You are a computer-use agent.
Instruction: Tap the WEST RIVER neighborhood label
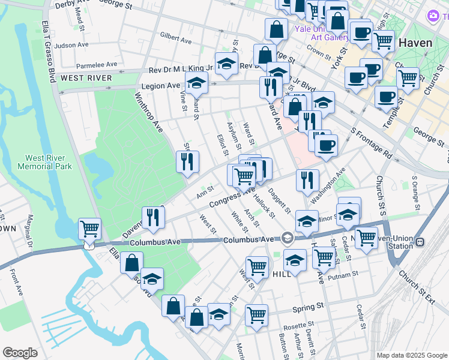(86, 78)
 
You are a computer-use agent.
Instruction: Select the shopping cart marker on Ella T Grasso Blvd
(89, 229)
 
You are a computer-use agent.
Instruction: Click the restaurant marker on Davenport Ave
(152, 217)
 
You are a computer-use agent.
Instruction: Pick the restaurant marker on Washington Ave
(307, 180)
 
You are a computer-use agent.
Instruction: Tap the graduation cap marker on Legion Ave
(196, 85)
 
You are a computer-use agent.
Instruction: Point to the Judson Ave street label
(71, 45)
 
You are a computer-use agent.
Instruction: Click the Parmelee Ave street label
(97, 64)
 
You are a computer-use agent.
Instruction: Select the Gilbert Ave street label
(176, 38)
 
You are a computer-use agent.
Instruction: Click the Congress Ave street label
(231, 198)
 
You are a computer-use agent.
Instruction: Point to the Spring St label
(308, 307)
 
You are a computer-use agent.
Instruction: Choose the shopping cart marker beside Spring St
(256, 314)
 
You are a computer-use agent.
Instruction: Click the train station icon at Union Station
(420, 241)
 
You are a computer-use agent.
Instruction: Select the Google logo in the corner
(20, 352)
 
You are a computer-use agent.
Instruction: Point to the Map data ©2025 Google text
(412, 355)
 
